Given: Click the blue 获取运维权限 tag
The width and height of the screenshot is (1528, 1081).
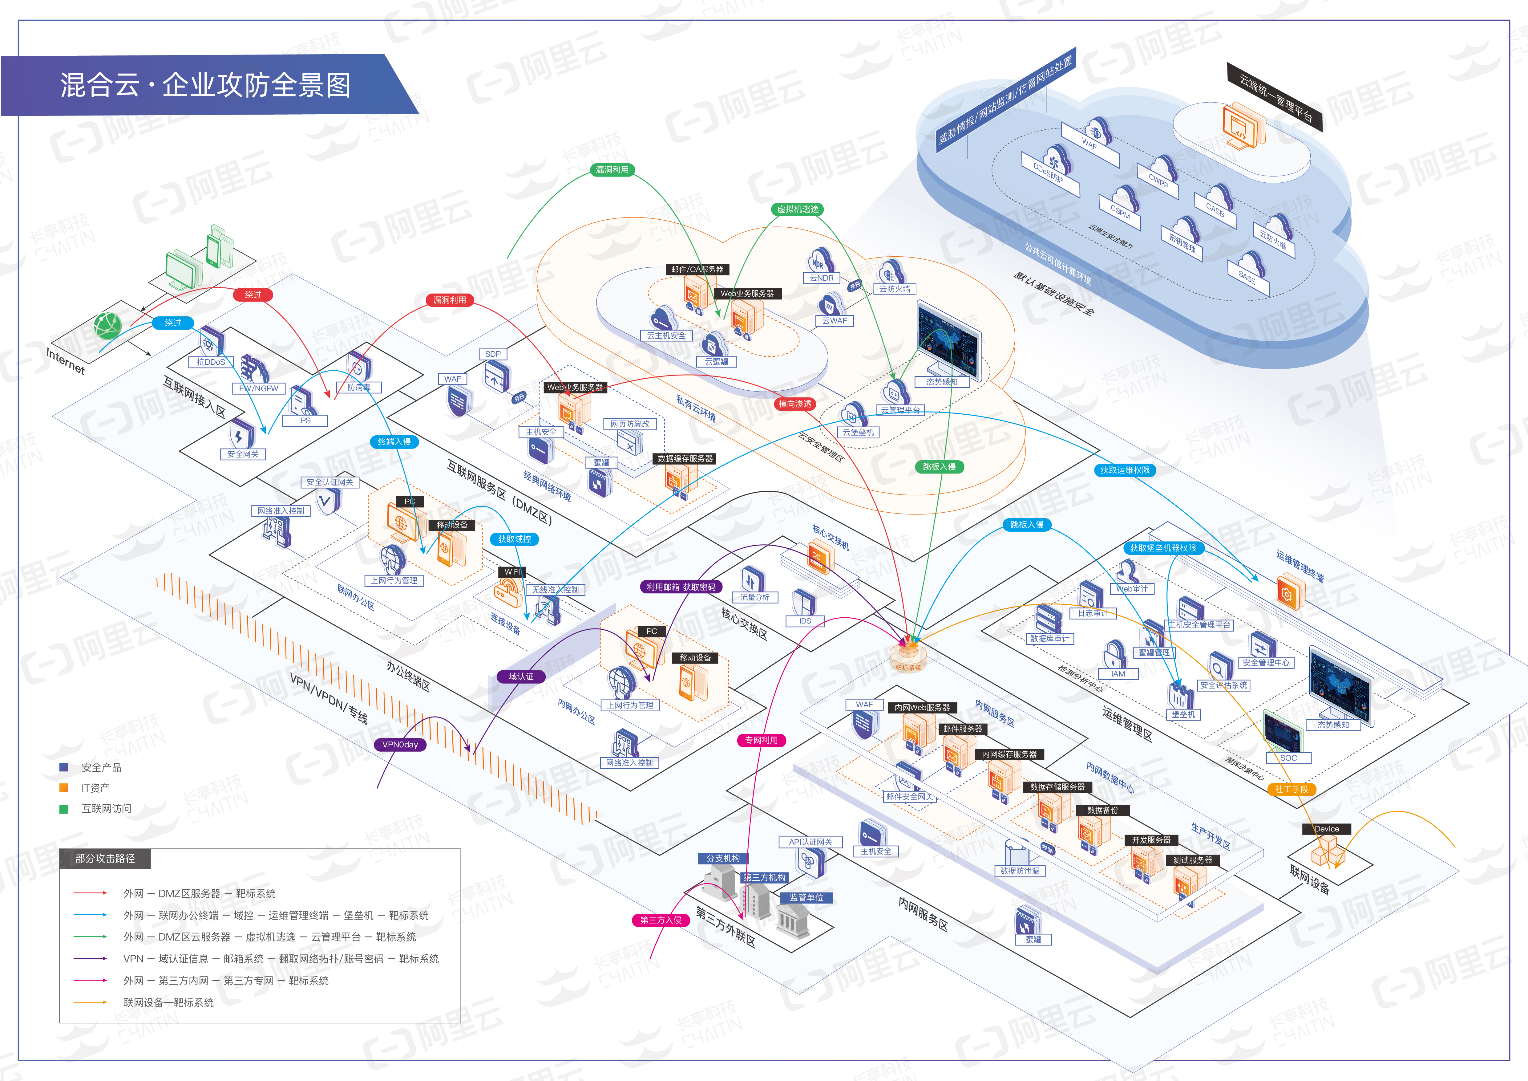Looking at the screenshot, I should point(1125,470).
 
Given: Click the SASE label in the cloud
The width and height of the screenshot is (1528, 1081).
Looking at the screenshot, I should point(1247,278).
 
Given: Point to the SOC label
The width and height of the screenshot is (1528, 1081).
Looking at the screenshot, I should point(1288,758).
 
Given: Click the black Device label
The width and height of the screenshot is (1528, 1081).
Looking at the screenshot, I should point(1326,829).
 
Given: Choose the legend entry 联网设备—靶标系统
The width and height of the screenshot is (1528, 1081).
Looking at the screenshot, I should point(168,1002).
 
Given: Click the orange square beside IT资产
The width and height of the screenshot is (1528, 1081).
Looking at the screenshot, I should point(64,787).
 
